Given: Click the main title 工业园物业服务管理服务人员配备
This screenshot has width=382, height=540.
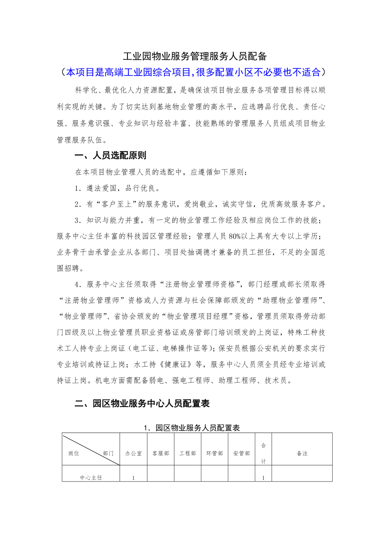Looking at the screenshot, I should coord(195,56).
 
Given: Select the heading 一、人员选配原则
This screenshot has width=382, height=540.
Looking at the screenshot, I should coord(110,156).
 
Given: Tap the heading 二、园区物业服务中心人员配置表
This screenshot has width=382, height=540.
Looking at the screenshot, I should coord(142,404).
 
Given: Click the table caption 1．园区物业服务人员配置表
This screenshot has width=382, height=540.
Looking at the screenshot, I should coord(191,428).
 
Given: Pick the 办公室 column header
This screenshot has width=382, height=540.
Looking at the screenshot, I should coord(133,453).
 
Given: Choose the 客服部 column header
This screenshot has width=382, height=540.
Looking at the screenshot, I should coord(161,453).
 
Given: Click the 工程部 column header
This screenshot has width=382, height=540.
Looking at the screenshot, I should coord(188,453).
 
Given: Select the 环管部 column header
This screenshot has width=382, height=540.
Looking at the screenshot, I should coord(215,453).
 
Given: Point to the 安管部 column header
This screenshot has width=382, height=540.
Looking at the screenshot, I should coord(242,453).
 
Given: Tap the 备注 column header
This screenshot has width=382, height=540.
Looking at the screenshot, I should coord(302,453).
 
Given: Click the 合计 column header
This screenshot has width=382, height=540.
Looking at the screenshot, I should coord(263,453).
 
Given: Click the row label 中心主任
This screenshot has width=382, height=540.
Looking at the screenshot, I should coord(91,477).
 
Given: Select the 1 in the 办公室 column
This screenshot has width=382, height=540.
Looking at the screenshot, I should coord(133,478).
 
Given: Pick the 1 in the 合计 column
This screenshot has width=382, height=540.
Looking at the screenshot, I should coord(263,478).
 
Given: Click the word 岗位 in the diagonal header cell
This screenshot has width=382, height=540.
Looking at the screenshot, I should coord(74,453).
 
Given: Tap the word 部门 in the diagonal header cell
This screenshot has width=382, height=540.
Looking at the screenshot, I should coord(108,453).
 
